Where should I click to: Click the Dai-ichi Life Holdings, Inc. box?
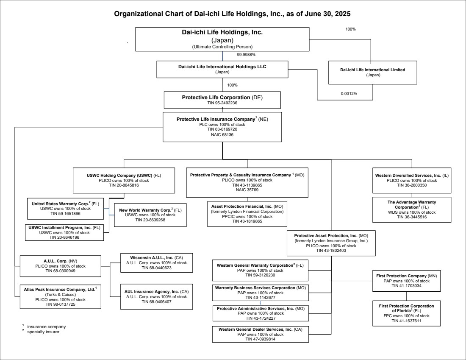(x=222, y=39)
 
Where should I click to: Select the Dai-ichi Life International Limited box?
(x=373, y=73)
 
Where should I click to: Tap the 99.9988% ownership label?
(x=246, y=54)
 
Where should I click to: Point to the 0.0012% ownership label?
(x=349, y=93)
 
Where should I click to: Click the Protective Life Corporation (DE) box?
(x=222, y=100)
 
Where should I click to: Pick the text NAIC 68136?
(x=222, y=134)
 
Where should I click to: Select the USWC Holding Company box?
(x=124, y=180)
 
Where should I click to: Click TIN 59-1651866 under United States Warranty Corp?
(x=65, y=214)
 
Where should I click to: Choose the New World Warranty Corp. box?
(x=150, y=215)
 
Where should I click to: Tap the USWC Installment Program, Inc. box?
(x=64, y=232)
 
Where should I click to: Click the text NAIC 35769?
(x=247, y=190)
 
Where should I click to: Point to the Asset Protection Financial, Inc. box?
(x=247, y=214)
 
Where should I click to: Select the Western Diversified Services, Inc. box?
(x=412, y=180)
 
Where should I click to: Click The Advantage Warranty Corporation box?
(x=412, y=209)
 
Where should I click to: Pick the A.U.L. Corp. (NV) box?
(x=60, y=266)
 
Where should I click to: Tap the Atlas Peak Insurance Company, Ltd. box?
(x=60, y=297)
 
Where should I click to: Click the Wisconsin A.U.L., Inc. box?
(x=157, y=263)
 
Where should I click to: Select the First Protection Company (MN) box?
(x=407, y=281)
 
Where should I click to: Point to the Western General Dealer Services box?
(x=261, y=334)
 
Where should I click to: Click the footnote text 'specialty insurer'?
(x=43, y=332)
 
